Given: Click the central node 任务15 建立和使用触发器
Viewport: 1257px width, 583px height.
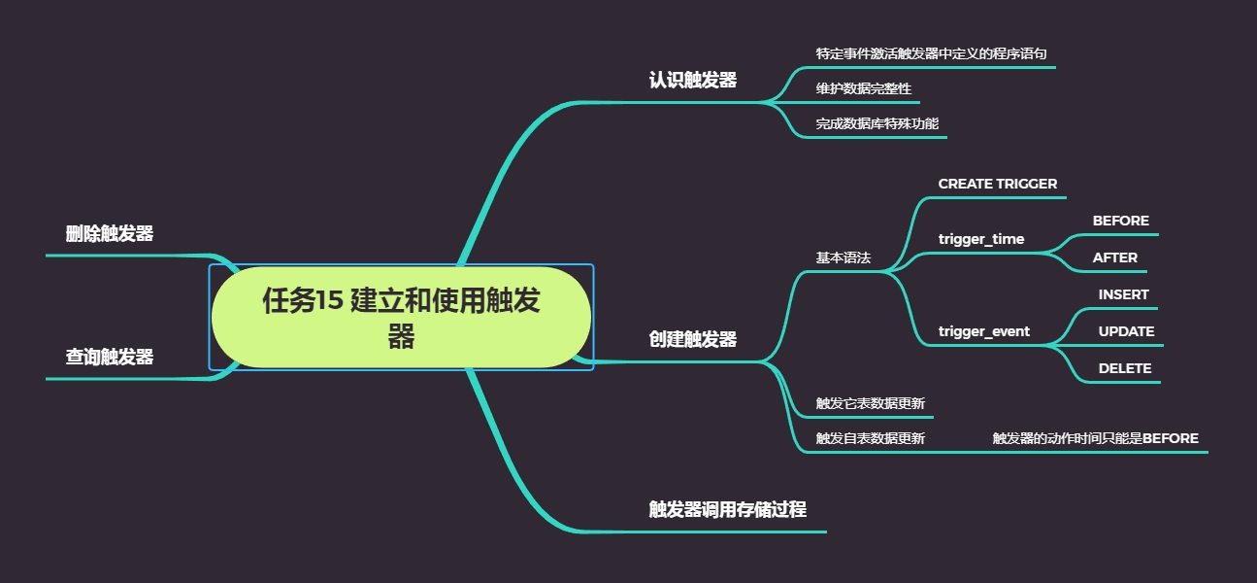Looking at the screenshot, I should (x=401, y=317).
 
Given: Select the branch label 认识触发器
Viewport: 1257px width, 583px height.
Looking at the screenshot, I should (x=692, y=80).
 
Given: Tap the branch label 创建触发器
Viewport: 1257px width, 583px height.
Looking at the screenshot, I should (x=692, y=339).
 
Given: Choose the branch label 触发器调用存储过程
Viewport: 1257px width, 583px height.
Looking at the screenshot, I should (x=727, y=509).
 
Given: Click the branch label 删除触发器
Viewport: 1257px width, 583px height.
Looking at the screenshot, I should (x=110, y=233).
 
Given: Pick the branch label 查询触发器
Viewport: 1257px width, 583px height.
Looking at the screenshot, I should (x=110, y=357).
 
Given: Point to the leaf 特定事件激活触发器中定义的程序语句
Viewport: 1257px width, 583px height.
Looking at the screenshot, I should (x=931, y=53).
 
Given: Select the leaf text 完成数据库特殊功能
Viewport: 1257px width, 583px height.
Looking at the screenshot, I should (x=877, y=123).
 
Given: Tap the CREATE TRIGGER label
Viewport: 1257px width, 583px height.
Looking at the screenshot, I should (x=997, y=184).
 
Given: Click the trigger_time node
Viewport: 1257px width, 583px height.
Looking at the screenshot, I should (x=980, y=239).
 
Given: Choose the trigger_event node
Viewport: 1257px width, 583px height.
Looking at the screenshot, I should (x=983, y=331).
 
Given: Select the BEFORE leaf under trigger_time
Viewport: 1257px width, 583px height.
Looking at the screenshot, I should (x=1120, y=221).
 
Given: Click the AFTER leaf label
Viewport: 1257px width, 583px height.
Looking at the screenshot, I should (x=1114, y=257).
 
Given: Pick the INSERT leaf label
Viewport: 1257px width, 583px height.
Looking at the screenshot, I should (x=1123, y=294).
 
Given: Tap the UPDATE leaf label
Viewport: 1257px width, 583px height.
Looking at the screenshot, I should (x=1126, y=331).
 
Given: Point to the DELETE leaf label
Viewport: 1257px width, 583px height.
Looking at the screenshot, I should (x=1124, y=368).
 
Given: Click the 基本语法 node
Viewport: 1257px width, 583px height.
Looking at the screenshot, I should (x=843, y=257).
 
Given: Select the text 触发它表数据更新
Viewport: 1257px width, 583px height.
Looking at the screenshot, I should (x=870, y=403).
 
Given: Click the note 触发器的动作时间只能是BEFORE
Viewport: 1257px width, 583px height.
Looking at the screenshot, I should (x=1095, y=438).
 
